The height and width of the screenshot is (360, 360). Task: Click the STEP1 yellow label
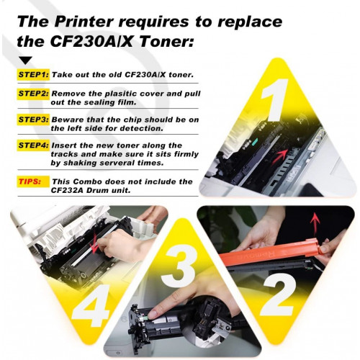[33, 75]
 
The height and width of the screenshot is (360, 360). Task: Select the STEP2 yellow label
[33, 94]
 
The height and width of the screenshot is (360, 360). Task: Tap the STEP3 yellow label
[33, 120]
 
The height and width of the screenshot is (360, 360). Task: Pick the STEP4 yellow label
[33, 145]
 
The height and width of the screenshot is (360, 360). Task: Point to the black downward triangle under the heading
[26, 60]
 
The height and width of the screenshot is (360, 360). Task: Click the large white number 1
[276, 99]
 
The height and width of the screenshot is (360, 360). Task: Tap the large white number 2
[279, 294]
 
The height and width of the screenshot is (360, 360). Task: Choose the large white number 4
[91, 305]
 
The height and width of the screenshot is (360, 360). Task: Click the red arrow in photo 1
[279, 157]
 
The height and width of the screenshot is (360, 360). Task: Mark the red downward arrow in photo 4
[94, 243]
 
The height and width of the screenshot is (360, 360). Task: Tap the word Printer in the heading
[84, 22]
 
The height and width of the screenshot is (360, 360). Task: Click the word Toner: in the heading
[166, 42]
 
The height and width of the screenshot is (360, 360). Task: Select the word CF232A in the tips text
[66, 191]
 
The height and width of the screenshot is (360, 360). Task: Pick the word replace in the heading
[250, 22]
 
